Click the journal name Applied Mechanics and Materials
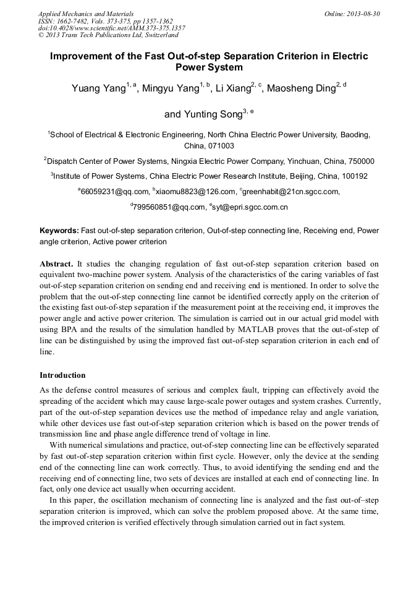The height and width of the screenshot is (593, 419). click(86, 14)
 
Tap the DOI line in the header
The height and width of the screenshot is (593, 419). click(111, 28)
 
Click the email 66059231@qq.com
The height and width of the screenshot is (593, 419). click(115, 192)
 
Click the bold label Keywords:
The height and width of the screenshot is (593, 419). click(59, 231)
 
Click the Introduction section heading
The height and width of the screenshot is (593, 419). click(62, 375)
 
